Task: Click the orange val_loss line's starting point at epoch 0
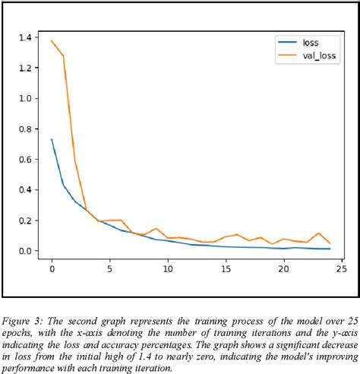click(x=52, y=41)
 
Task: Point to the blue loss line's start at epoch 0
click(x=52, y=139)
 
